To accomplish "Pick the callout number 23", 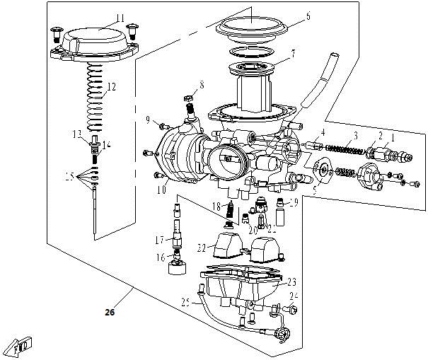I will pyautogui.click(x=291, y=281).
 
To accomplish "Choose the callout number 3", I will pyautogui.click(x=357, y=135).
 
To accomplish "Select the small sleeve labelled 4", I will pyautogui.click(x=316, y=148).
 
